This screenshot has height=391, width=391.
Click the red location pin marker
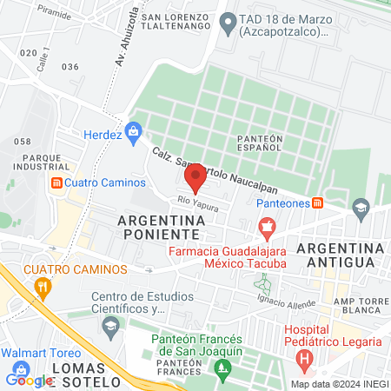195,177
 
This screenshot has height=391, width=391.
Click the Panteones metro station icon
318,202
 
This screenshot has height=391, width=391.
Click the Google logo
29,380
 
